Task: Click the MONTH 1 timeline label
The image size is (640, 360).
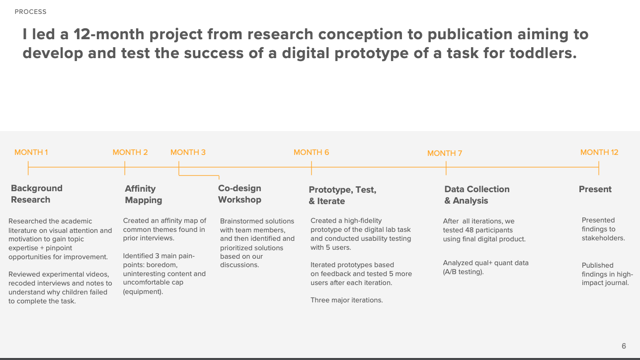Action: [x=31, y=152]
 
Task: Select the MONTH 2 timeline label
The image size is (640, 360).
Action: [x=130, y=152]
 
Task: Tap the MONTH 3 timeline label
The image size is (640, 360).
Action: [x=188, y=152]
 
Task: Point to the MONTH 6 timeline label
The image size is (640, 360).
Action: [x=311, y=152]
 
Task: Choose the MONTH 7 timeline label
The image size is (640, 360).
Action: [x=445, y=153]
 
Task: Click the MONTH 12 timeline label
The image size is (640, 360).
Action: [x=599, y=152]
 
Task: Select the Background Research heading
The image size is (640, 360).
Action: [x=37, y=194]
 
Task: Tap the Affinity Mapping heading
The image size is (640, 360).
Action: [x=143, y=195]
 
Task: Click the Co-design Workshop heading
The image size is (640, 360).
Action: [x=240, y=194]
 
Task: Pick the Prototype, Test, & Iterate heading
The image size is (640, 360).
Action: [x=342, y=196]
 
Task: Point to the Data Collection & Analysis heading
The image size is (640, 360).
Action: [x=477, y=195]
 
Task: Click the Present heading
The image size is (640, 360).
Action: [x=595, y=189]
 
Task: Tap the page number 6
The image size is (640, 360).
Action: [x=624, y=346]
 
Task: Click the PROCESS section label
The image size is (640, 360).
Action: [x=30, y=11]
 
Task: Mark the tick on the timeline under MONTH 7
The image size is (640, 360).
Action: [x=446, y=168]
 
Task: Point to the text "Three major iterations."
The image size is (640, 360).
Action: [x=346, y=300]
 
